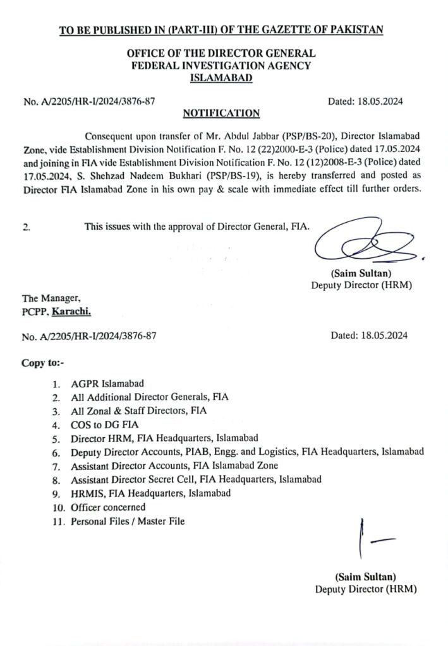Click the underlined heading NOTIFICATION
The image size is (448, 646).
pos(221,114)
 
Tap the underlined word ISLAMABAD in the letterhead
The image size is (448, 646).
pos(221,78)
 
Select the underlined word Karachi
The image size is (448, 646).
pos(75,312)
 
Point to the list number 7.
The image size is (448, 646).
pos(56,466)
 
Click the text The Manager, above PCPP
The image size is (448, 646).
pos(51,298)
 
